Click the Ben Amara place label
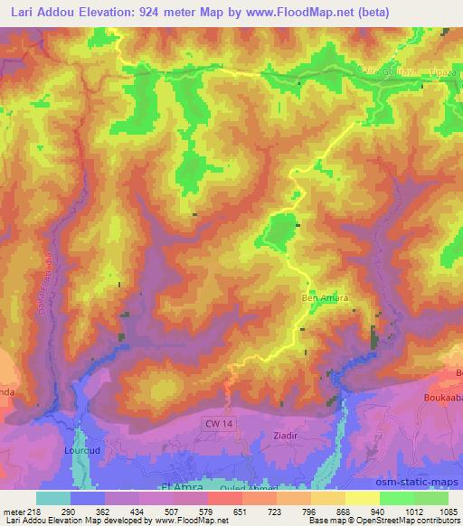(324, 297)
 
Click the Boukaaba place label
(442, 396)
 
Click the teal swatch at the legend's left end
(53, 498)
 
